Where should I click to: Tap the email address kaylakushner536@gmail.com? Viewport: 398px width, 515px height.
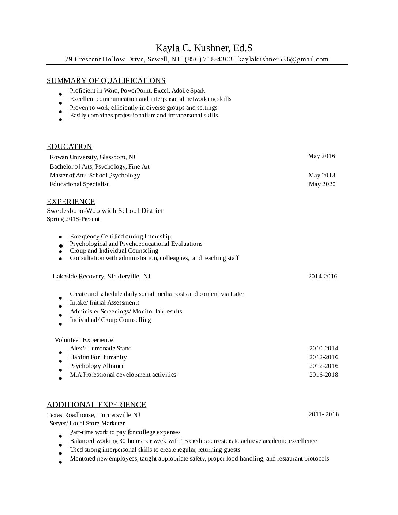click(x=283, y=59)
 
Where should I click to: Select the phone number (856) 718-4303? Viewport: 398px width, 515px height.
click(x=209, y=59)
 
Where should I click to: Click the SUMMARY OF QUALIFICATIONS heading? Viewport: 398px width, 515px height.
click(x=106, y=80)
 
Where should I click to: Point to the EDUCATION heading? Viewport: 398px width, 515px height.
click(x=69, y=146)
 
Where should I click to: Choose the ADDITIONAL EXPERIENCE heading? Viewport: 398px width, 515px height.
click(x=97, y=405)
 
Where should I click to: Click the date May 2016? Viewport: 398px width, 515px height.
click(x=321, y=156)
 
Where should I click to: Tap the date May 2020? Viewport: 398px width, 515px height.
click(x=322, y=184)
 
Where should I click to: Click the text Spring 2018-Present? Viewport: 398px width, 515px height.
click(x=73, y=219)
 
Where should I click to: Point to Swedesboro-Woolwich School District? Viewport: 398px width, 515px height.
click(x=105, y=211)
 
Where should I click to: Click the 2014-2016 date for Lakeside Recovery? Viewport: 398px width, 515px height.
click(x=323, y=277)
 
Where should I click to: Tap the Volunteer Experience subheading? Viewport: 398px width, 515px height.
click(x=84, y=340)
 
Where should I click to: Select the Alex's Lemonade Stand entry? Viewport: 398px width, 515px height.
click(x=101, y=349)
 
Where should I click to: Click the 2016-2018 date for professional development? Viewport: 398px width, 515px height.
click(x=324, y=375)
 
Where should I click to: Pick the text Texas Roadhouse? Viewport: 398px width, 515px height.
click(x=71, y=415)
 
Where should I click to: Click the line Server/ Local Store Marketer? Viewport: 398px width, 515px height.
click(x=87, y=424)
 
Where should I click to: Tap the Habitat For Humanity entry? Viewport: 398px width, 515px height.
click(x=98, y=357)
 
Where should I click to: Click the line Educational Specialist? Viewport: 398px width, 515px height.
click(x=79, y=184)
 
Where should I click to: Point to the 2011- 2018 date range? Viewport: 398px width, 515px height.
click(x=324, y=414)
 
